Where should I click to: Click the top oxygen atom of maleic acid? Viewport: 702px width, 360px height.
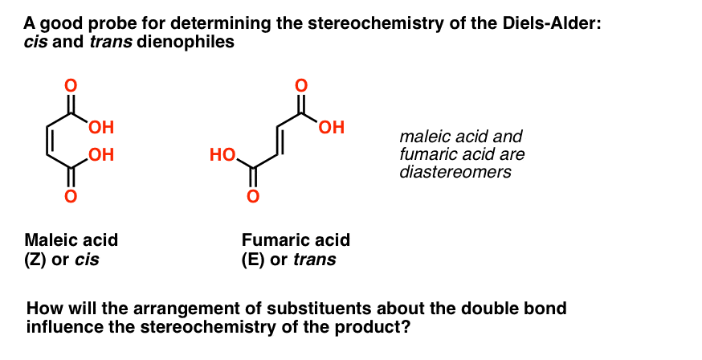point(71,85)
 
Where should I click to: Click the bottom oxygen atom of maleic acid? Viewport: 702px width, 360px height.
point(71,196)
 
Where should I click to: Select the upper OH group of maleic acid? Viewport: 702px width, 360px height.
point(101,128)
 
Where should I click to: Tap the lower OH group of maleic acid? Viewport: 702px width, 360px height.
point(101,155)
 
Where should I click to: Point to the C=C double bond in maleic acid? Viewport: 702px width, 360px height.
point(48,141)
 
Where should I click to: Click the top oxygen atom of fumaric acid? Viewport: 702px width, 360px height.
point(302,85)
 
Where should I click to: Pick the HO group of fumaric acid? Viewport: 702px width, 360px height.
point(223,155)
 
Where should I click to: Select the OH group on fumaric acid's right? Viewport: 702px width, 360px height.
point(332,128)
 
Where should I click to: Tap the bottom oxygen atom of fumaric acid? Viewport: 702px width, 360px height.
point(253,196)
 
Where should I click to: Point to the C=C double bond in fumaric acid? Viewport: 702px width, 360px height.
point(279,141)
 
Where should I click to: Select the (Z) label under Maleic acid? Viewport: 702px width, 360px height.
point(35,260)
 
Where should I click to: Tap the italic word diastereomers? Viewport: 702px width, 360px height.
point(455,172)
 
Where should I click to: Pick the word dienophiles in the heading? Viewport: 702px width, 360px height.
point(186,42)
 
